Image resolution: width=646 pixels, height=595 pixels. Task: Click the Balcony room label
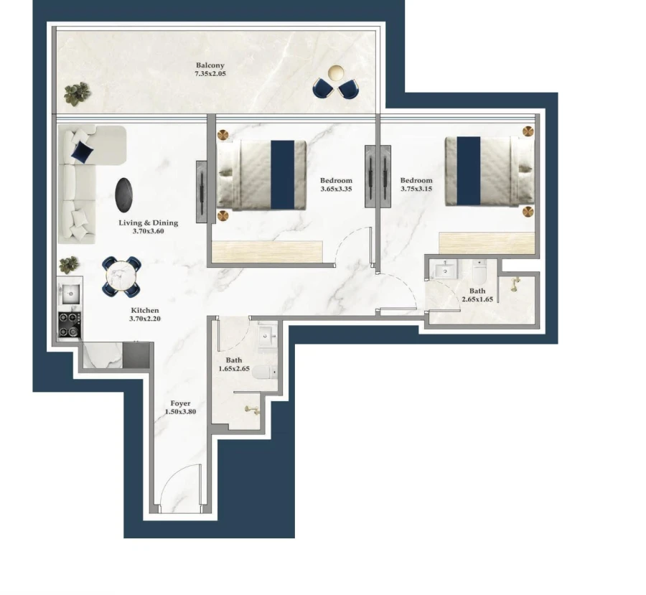pos(210,65)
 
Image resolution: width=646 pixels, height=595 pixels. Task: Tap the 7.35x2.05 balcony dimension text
pos(210,74)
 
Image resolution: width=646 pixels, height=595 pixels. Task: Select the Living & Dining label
pos(148,223)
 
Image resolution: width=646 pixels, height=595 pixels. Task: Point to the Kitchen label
pos(144,311)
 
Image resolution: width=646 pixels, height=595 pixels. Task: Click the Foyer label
pos(180,403)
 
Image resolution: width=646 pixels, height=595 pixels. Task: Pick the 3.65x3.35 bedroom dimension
pos(336,189)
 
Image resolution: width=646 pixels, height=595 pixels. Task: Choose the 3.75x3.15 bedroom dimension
pos(416,189)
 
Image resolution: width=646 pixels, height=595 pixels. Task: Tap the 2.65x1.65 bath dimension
pos(477,299)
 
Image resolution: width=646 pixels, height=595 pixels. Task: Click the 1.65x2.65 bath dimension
pos(234,369)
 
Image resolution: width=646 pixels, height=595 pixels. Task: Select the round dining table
pos(121,276)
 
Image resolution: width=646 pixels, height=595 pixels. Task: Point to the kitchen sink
pos(70,294)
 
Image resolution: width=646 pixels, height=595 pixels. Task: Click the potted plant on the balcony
pos(78,93)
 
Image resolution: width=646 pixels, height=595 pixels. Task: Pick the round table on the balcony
pos(336,73)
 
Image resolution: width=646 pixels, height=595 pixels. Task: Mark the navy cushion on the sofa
pos(82,151)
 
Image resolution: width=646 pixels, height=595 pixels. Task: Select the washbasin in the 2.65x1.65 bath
pos(446,270)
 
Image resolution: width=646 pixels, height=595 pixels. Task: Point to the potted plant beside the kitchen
pos(69,264)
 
